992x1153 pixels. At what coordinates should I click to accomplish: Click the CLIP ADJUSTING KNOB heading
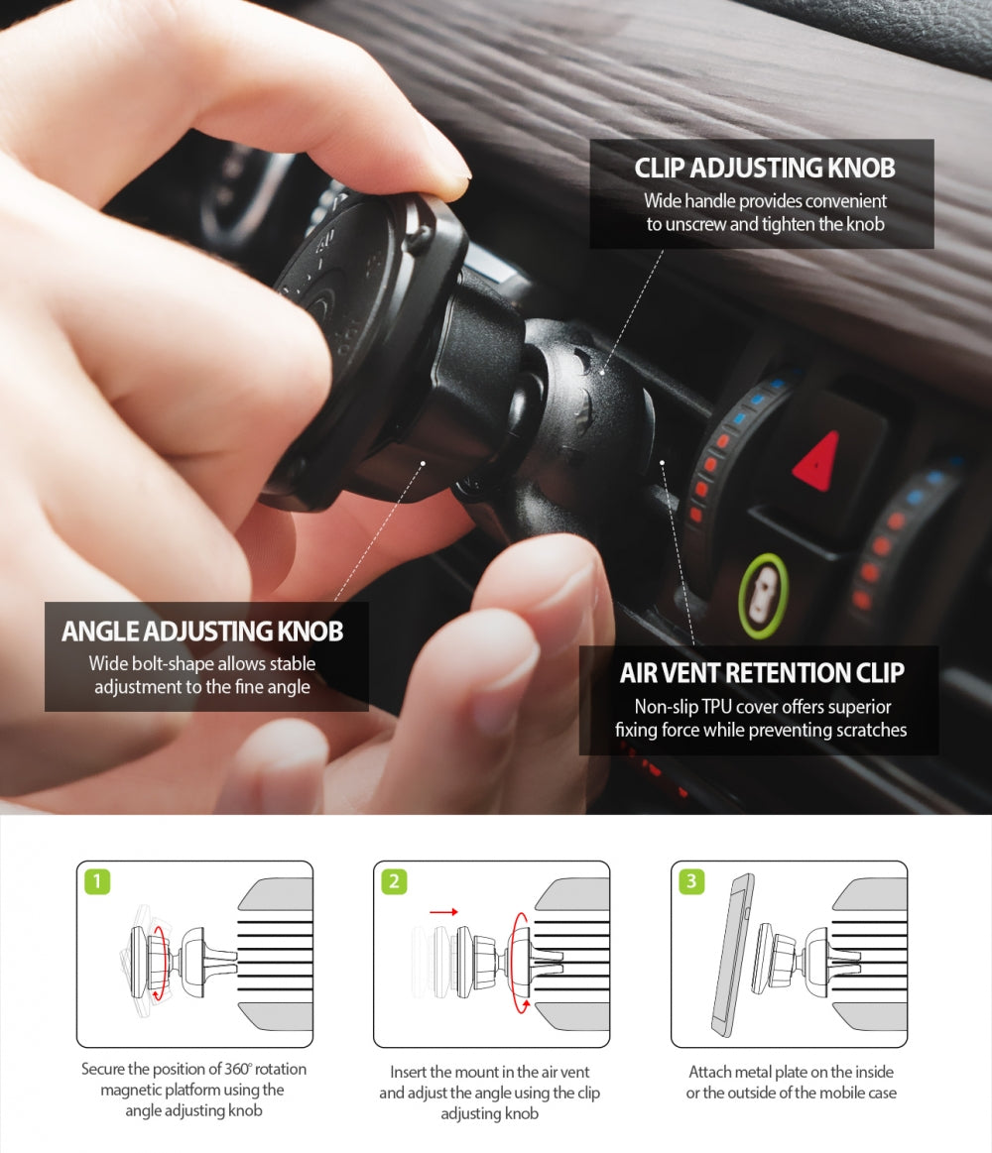pyautogui.click(x=764, y=168)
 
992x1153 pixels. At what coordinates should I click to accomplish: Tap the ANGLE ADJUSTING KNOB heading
pyautogui.click(x=202, y=631)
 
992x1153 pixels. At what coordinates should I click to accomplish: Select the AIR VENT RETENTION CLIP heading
pyautogui.click(x=761, y=673)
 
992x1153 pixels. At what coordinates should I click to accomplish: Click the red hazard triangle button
pyautogui.click(x=817, y=461)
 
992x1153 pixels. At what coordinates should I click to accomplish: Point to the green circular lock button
pyautogui.click(x=763, y=595)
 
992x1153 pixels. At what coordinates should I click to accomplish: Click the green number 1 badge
pyautogui.click(x=96, y=880)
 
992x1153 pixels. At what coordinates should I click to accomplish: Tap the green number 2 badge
pyautogui.click(x=394, y=880)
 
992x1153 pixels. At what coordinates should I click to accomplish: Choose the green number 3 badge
pyautogui.click(x=691, y=880)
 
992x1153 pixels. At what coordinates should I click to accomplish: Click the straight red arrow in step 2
pyautogui.click(x=444, y=910)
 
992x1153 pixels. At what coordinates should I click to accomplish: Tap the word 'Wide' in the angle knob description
pyautogui.click(x=110, y=663)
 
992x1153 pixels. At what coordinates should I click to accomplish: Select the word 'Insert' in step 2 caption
pyautogui.click(x=411, y=1072)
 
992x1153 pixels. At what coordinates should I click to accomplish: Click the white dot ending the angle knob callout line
pyautogui.click(x=424, y=462)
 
